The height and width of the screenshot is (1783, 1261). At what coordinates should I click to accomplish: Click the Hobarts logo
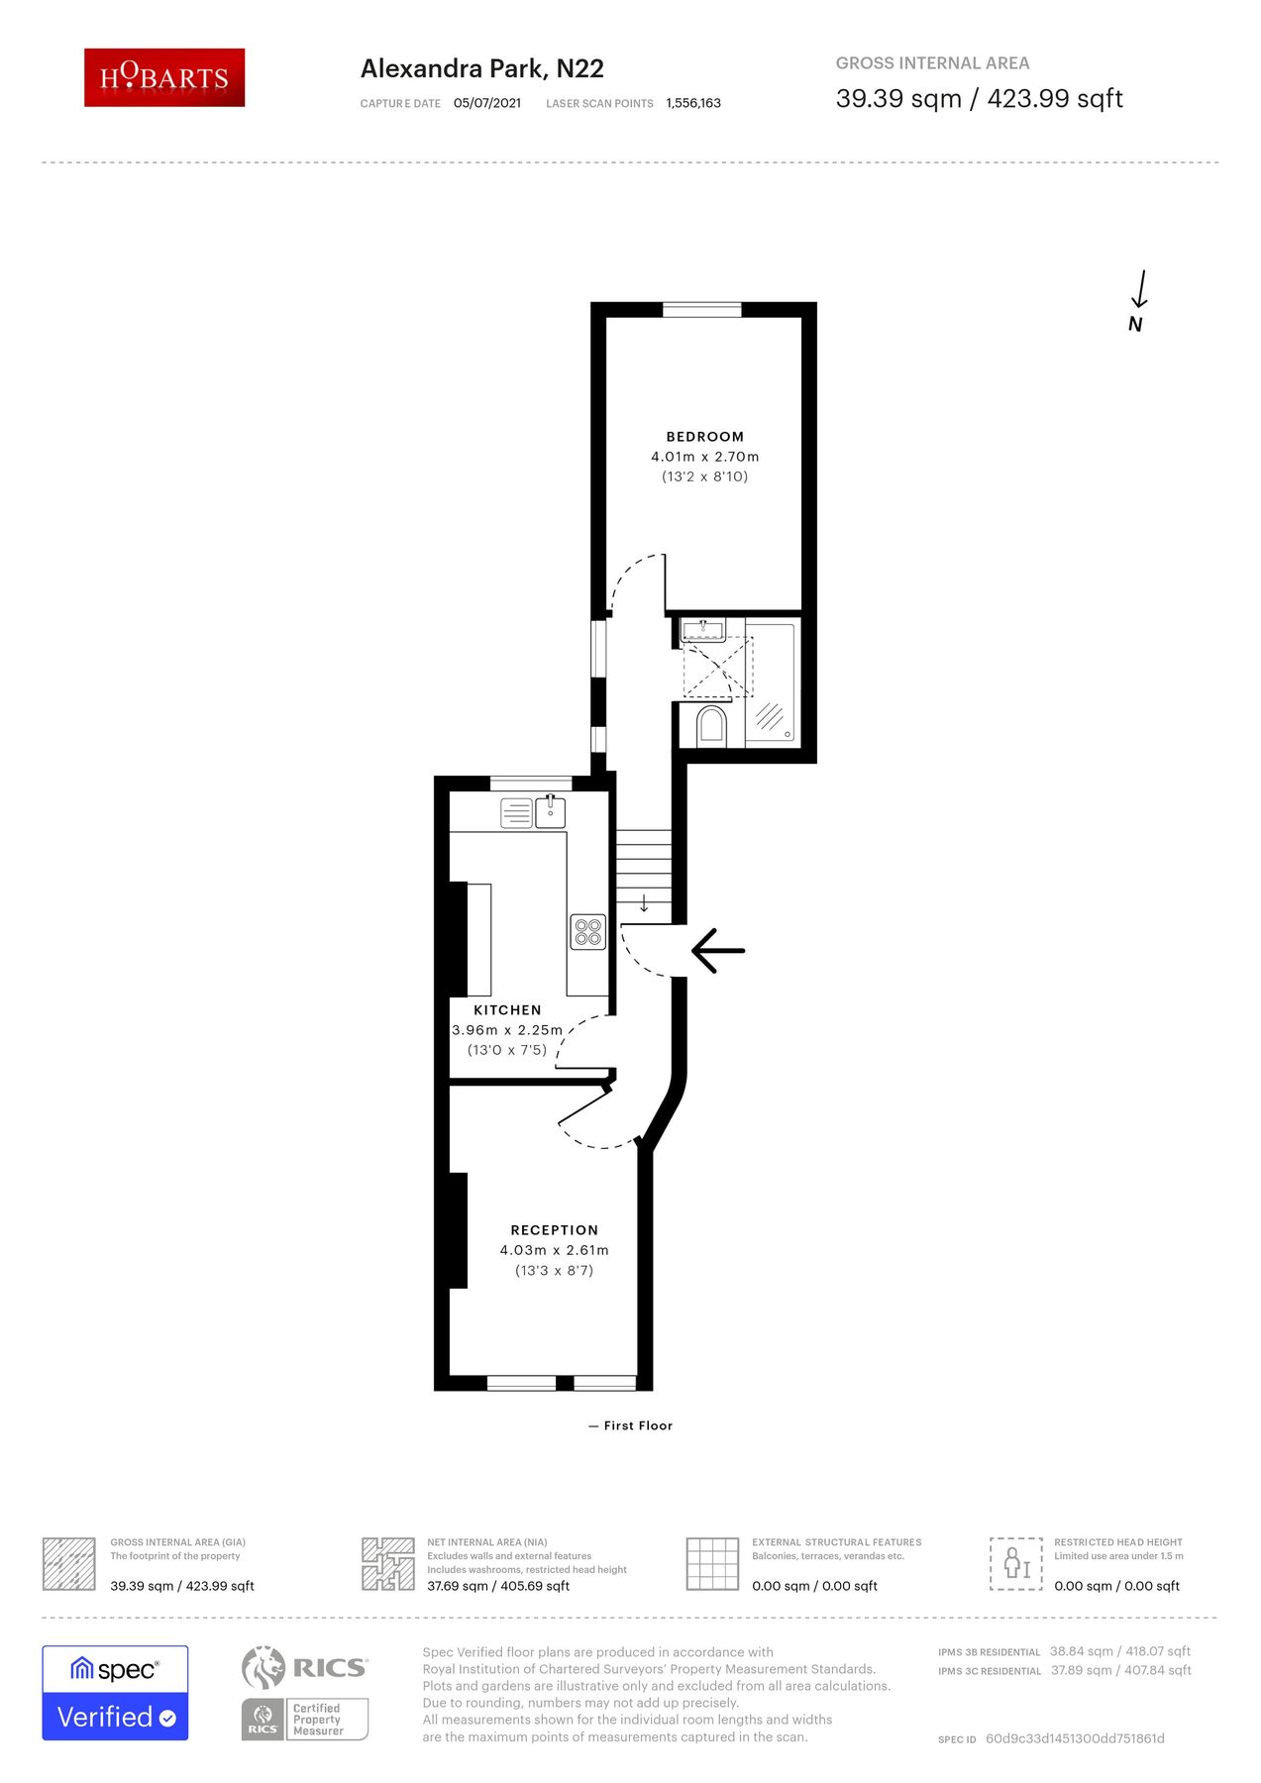click(x=164, y=77)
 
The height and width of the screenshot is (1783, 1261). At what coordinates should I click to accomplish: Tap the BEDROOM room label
click(x=705, y=437)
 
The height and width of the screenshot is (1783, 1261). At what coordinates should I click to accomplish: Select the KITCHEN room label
click(x=507, y=1010)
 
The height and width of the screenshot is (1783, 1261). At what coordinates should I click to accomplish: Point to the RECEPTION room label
click(x=555, y=1230)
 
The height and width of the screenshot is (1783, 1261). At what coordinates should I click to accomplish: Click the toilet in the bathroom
click(x=711, y=725)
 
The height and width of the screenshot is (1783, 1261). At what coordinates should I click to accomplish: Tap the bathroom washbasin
click(x=703, y=629)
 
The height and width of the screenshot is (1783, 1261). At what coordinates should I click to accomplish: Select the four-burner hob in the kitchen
click(x=588, y=932)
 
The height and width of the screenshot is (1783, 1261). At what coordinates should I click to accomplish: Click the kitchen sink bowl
click(x=551, y=812)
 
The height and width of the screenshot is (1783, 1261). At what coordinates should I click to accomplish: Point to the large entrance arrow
click(x=718, y=951)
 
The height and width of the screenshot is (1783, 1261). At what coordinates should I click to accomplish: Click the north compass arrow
click(x=1140, y=289)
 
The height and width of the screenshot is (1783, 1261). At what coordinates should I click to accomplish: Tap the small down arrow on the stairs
click(x=644, y=903)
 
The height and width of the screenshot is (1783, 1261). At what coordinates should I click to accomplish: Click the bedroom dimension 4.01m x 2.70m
click(x=705, y=457)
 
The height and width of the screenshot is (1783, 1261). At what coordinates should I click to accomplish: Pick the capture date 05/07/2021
click(x=487, y=103)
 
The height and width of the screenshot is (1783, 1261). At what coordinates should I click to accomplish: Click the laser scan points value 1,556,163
click(x=693, y=103)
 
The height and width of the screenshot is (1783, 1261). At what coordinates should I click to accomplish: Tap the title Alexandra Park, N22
click(x=482, y=68)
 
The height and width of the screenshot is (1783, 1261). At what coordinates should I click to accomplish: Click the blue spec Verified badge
click(x=115, y=1693)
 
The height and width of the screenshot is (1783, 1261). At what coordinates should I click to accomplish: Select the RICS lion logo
click(x=263, y=1668)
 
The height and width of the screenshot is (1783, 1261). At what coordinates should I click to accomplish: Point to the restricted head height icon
click(x=1016, y=1564)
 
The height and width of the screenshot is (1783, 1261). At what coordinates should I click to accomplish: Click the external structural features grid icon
click(x=713, y=1564)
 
